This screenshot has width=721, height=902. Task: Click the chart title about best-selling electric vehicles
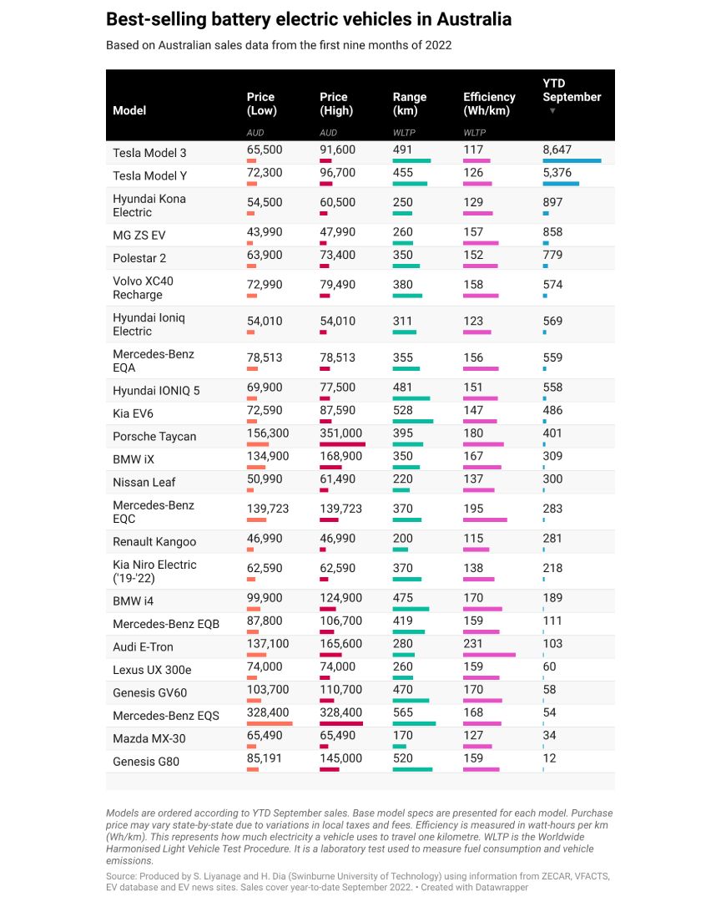tap(309, 19)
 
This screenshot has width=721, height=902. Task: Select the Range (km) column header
tap(410, 104)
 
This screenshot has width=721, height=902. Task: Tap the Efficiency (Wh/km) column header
tap(489, 104)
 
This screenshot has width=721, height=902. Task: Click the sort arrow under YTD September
tap(552, 111)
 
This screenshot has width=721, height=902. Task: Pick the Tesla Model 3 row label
tap(149, 153)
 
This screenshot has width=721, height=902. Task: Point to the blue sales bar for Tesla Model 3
tap(572, 160)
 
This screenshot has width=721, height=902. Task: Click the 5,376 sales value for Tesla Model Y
tap(557, 175)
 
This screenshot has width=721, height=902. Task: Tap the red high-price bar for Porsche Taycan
tap(342, 444)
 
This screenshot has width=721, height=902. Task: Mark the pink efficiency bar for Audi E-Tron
tap(489, 655)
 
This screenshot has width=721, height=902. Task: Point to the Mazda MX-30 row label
tap(147, 738)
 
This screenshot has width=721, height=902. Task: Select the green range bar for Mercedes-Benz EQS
tap(414, 723)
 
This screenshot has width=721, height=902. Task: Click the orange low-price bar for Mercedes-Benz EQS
tap(270, 723)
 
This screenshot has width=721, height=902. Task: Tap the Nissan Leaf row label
tap(144, 482)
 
